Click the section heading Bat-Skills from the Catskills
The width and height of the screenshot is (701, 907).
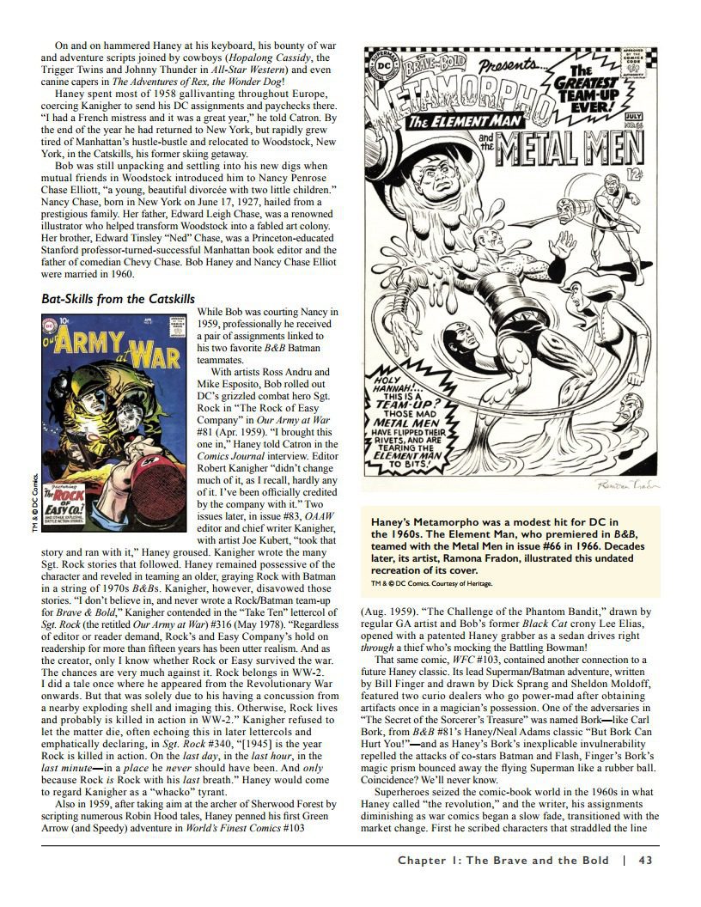tap(118, 299)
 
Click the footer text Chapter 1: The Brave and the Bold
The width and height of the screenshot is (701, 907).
tap(503, 860)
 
